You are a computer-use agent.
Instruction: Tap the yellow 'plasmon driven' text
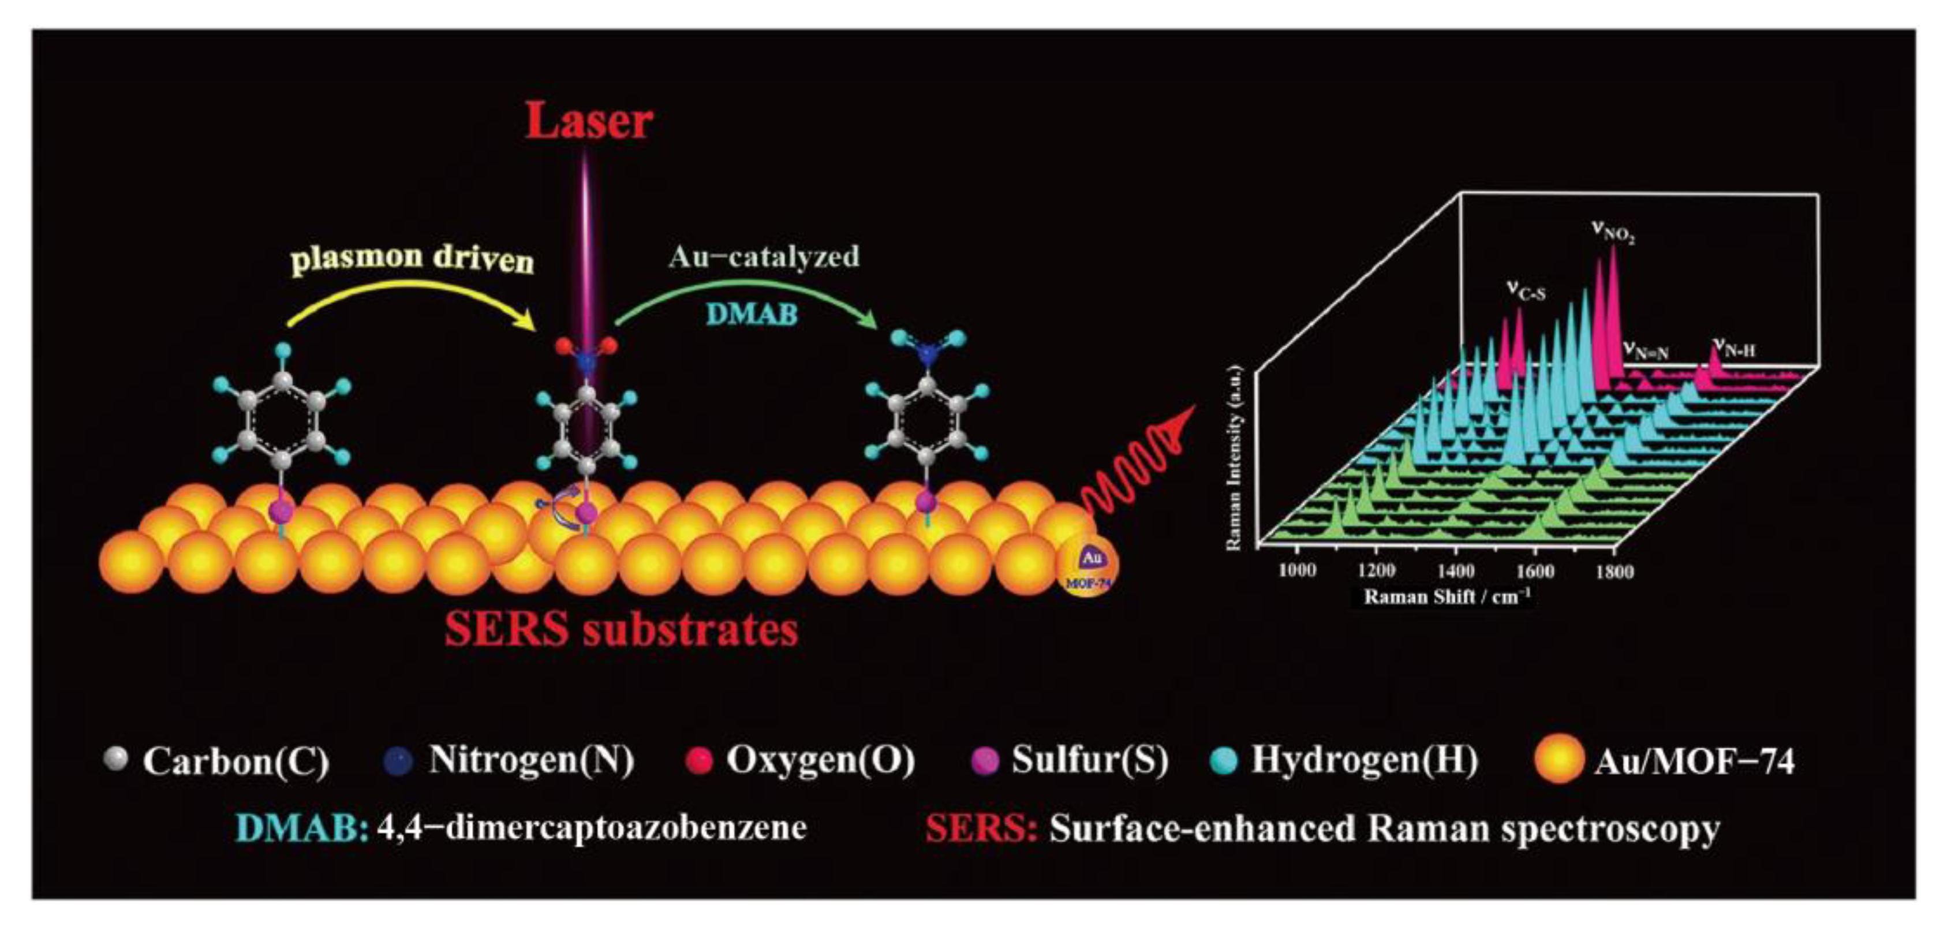click(412, 259)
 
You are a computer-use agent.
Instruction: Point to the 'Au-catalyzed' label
click(764, 257)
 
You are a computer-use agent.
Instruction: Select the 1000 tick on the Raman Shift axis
click(1296, 570)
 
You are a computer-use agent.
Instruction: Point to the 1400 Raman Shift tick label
click(1455, 570)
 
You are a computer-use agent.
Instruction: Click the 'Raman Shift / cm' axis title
click(1447, 597)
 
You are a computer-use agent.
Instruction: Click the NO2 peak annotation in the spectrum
click(1613, 231)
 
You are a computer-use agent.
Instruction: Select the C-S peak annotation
click(1526, 291)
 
